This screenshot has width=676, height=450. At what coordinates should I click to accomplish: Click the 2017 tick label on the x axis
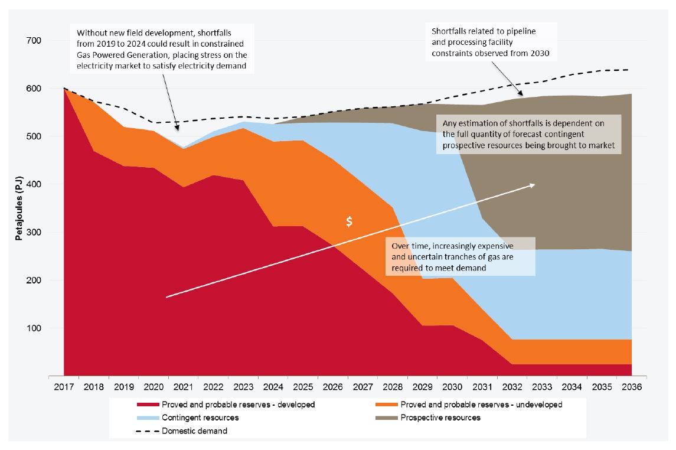(64, 387)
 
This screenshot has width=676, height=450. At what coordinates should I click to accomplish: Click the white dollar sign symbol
(350, 221)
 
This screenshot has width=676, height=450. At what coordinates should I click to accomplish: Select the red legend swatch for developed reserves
(148, 405)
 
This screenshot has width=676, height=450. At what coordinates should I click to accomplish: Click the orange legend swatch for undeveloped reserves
(386, 405)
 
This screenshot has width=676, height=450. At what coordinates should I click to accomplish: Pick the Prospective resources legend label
(440, 418)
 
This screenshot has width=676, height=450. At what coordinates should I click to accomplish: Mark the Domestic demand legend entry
(195, 431)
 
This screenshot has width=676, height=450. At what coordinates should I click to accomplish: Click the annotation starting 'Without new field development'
(162, 48)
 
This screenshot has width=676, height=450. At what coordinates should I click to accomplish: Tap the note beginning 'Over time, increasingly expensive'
(460, 256)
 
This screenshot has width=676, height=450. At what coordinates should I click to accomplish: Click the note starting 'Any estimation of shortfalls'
(528, 134)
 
